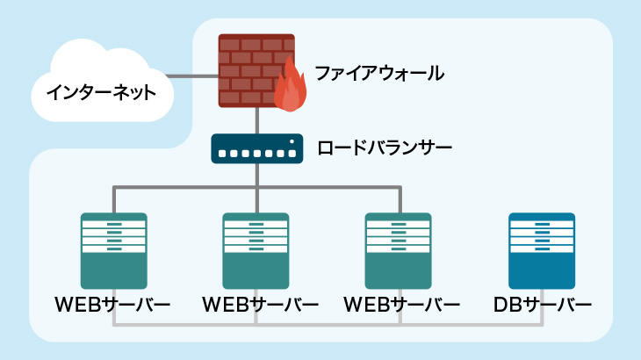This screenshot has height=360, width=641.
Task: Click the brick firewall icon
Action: (256, 71)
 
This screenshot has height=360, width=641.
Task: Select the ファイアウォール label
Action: (379, 74)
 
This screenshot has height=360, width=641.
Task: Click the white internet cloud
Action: (102, 81)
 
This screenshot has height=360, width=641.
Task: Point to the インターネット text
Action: (101, 93)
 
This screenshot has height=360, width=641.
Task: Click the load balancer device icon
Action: (257, 148)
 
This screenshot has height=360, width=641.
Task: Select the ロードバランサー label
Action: (385, 148)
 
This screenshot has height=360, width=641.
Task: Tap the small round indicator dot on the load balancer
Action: (292, 141)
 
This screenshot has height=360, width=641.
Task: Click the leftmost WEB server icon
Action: (113, 251)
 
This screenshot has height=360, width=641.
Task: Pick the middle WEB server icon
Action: (256, 251)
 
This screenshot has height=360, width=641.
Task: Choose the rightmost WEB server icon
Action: (398, 251)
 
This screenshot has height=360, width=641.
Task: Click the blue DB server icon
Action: (542, 251)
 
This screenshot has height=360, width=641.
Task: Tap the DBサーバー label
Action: (543, 306)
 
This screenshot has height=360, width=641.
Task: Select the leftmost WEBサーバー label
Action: (112, 306)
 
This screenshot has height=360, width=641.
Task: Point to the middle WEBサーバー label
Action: (261, 306)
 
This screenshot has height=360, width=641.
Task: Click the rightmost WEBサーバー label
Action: (402, 306)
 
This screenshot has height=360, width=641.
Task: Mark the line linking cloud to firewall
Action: (192, 76)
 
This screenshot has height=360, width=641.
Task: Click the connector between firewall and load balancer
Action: (257, 120)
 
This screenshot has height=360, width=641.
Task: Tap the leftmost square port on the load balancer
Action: (222, 154)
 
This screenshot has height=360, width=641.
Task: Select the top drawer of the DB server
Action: (542, 224)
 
